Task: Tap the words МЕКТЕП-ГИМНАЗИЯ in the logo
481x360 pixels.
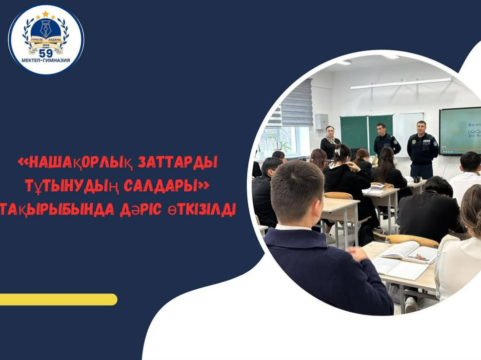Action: pos(46,60)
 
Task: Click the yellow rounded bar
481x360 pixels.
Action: pos(58,299)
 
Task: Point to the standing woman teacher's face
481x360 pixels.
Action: pos(330,132)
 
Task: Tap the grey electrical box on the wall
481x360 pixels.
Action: pos(321,121)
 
